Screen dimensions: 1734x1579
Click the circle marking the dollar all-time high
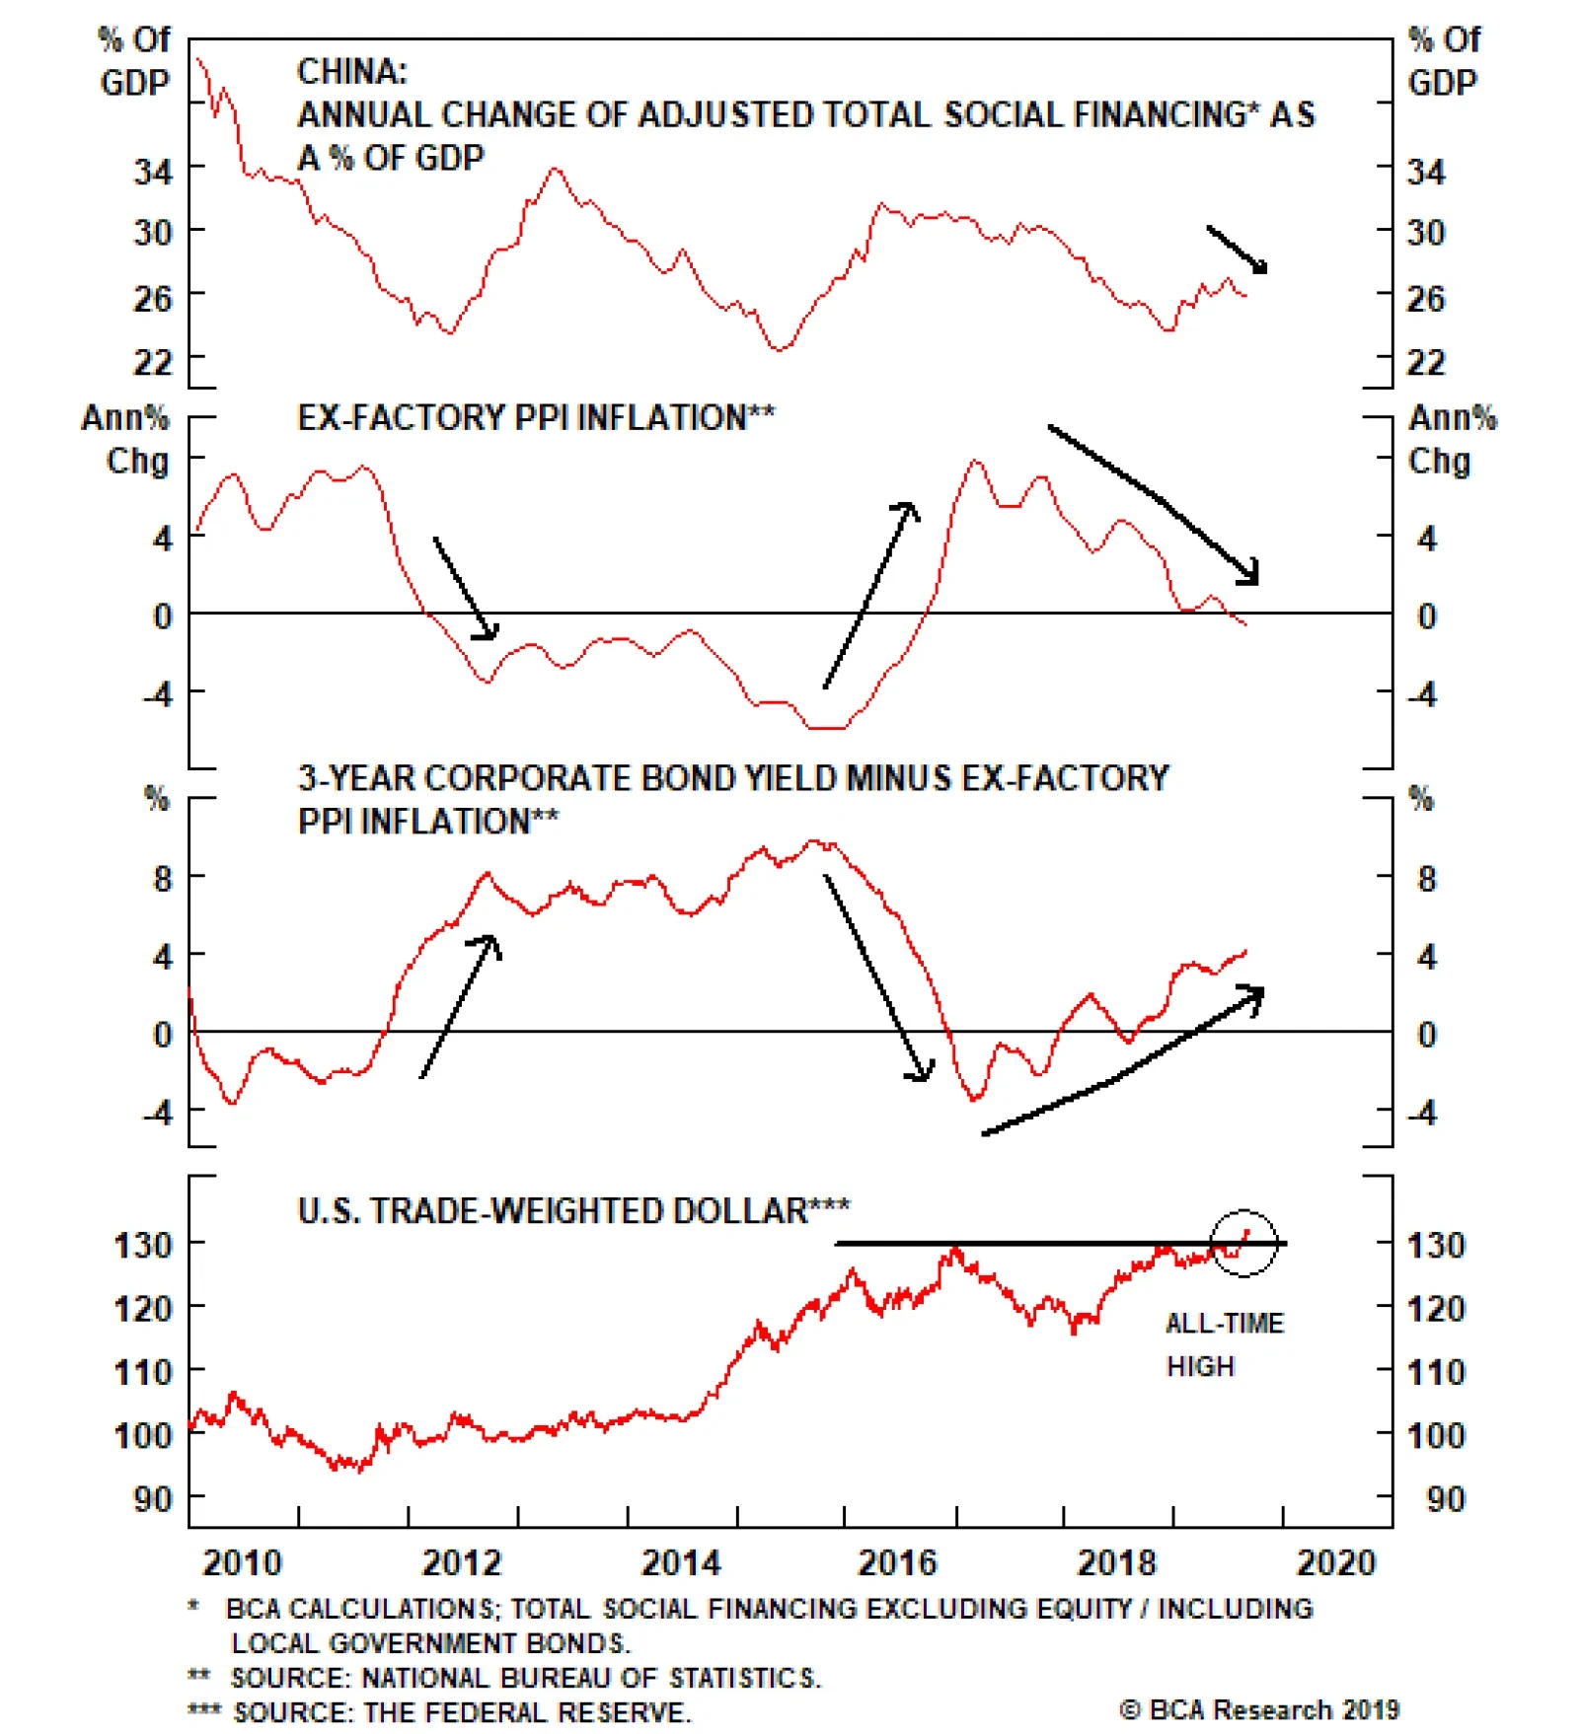1243,1242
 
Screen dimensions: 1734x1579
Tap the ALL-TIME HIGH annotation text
1224,1343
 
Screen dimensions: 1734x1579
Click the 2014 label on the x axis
681,1562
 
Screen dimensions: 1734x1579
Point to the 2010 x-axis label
243,1562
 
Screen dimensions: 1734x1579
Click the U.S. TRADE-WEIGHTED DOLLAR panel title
573,1210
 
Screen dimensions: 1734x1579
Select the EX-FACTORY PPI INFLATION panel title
536,418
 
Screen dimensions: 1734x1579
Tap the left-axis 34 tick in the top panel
153,173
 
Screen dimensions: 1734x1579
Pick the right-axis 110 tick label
1436,1372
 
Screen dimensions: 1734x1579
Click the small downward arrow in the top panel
1238,250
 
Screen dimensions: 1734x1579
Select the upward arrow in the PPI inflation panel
871,595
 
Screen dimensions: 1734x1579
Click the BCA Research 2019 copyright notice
1259,1709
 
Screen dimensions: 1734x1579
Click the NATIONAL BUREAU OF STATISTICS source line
504,1678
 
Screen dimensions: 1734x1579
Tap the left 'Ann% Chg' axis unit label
126,439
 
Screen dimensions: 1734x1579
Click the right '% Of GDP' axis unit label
1444,61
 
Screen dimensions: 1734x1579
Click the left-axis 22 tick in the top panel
153,363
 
